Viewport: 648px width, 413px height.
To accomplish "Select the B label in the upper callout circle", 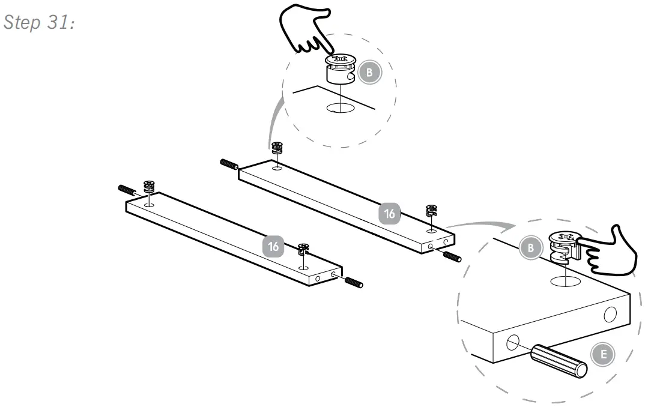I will [369, 73].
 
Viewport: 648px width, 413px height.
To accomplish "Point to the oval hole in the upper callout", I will [341, 109].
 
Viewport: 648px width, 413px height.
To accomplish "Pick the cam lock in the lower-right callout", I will [563, 247].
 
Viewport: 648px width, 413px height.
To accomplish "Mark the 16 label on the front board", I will [274, 246].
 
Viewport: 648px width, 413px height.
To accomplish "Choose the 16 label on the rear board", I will [390, 213].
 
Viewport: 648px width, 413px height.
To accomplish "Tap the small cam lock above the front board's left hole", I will [149, 186].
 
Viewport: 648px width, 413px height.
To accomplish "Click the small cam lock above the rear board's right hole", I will [431, 211].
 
